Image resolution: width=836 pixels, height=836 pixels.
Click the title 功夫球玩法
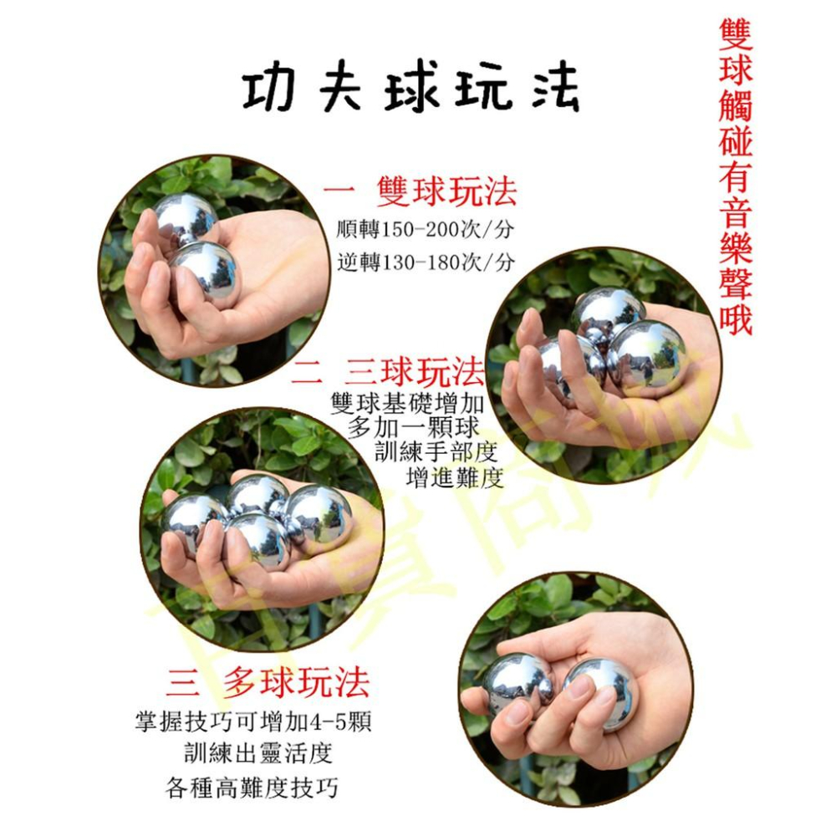click(x=410, y=90)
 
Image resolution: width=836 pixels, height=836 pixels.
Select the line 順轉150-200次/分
click(x=426, y=229)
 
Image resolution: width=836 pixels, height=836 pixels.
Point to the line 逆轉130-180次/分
click(x=426, y=263)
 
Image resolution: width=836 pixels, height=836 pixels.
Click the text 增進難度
click(x=454, y=478)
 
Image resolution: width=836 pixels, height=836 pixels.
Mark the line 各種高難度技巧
click(x=252, y=787)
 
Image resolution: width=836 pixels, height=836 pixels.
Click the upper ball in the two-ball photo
click(x=186, y=219)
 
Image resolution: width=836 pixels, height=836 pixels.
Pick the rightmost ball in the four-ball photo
click(x=318, y=512)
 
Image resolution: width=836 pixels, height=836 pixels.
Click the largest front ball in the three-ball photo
click(x=649, y=357)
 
